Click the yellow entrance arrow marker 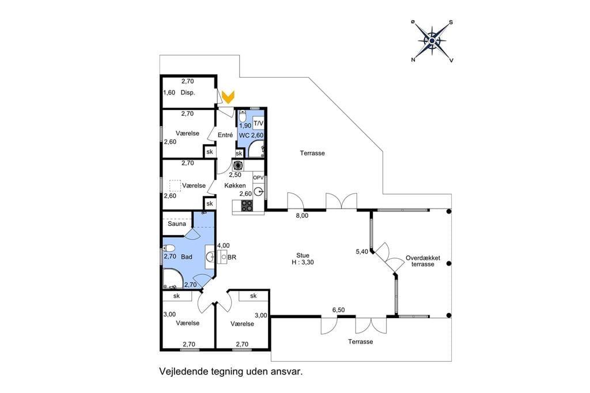(228, 97)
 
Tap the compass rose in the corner (432, 41)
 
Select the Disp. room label (188, 93)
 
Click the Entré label (225, 135)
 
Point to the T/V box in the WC (259, 123)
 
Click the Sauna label (177, 224)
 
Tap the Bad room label (187, 257)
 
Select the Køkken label (235, 186)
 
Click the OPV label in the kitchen (259, 177)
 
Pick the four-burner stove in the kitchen (247, 206)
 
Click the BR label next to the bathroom (232, 258)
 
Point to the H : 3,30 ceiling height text (303, 262)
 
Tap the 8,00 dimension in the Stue (302, 216)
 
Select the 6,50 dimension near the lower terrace (338, 310)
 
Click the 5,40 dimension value (362, 251)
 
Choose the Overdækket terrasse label (423, 261)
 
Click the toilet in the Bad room (169, 248)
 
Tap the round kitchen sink (258, 192)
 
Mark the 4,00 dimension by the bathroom (224, 246)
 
